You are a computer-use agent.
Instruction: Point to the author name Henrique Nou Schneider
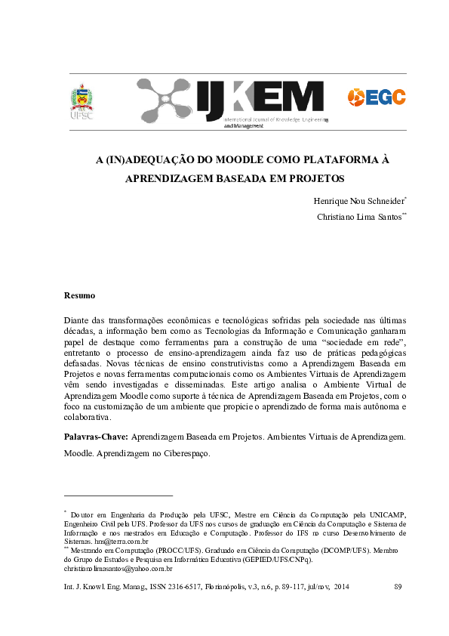coord(358,202)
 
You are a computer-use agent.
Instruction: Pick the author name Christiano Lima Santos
coord(361,217)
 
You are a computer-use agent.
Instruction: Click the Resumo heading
coord(79,295)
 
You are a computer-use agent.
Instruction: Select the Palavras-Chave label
coord(97,437)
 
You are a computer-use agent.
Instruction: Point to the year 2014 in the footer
coord(341,586)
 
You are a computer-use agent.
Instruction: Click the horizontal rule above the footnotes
coord(118,496)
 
